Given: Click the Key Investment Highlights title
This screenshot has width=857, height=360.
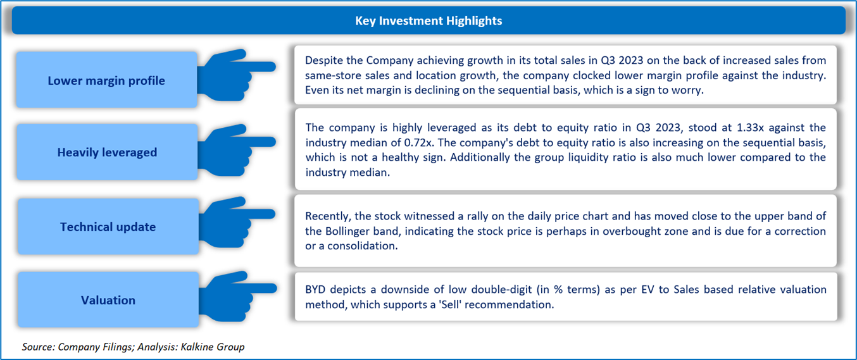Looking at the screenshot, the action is [428, 21].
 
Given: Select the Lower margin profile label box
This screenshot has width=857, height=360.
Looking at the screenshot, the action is [107, 80].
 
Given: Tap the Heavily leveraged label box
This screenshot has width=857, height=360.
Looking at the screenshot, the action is [107, 152].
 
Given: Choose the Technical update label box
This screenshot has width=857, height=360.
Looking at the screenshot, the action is [108, 227].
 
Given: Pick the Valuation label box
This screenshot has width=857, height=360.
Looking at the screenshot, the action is [108, 299].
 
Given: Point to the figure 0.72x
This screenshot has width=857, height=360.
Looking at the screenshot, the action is [418, 143].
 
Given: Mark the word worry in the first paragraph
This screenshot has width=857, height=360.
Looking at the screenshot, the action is [689, 90].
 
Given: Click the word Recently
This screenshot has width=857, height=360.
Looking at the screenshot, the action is [328, 216].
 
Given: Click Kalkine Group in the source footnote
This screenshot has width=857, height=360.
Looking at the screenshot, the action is [212, 347].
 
